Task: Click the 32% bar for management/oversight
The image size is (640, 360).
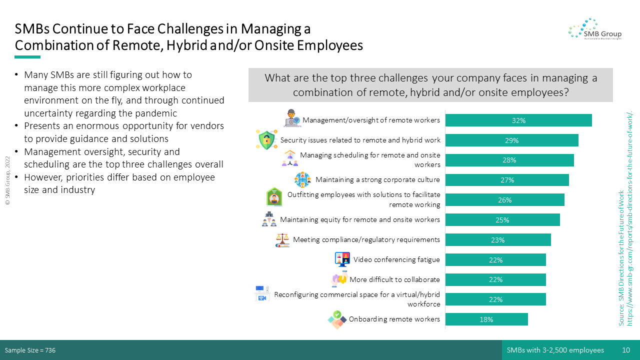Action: [x=518, y=120]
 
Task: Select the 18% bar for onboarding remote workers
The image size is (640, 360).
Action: [x=486, y=319]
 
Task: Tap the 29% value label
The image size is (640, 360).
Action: [x=511, y=140]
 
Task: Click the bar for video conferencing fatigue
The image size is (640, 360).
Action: [x=495, y=259]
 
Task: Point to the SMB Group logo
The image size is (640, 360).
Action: [x=595, y=29]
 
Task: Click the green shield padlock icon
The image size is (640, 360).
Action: [x=266, y=139]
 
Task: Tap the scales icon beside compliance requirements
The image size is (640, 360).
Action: [x=282, y=240]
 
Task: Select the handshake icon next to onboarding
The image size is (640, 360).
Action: [x=337, y=319]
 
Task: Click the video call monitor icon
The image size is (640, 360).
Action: [x=342, y=259]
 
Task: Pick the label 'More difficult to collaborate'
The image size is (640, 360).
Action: [x=394, y=279]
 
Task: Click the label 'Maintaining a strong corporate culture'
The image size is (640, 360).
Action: [x=377, y=179]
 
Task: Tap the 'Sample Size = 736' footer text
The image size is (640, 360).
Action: [x=30, y=350]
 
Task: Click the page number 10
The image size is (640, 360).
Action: [x=626, y=350]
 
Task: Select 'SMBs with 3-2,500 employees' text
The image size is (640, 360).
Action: [x=555, y=350]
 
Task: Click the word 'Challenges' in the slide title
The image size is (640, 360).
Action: [x=190, y=29]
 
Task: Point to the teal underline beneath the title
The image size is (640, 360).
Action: [x=27, y=57]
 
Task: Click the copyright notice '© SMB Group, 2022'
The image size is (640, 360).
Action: [x=7, y=180]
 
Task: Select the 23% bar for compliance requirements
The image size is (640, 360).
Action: [x=498, y=239]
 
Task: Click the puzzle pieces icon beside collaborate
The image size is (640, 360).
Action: [x=339, y=279]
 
